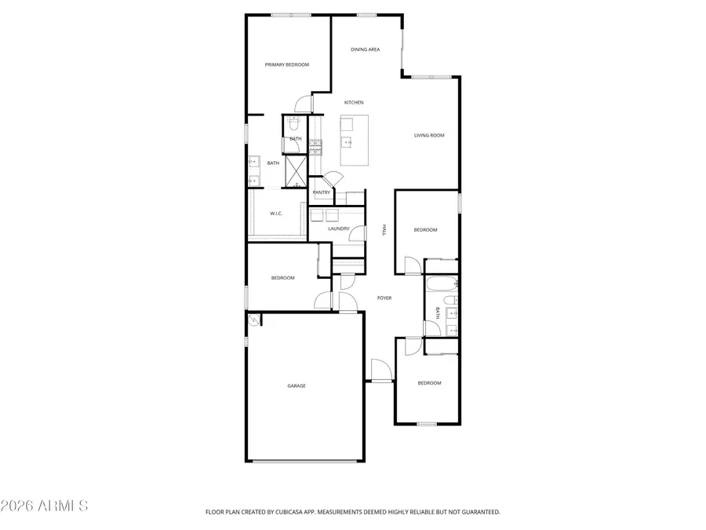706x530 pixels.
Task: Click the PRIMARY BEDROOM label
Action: pos(286,64)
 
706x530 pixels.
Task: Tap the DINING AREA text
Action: pos(365,49)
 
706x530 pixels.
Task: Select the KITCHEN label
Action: pos(354,103)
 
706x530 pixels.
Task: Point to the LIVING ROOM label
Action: pos(429,135)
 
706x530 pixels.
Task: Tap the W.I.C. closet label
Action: pos(276,214)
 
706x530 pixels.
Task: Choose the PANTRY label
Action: pos(321,192)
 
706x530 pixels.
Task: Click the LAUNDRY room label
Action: pos(338,228)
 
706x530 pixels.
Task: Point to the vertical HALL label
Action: pos(384,229)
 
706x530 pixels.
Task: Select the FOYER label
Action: pos(384,298)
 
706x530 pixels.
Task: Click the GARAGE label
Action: pos(296,386)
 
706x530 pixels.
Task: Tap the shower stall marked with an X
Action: pos(296,171)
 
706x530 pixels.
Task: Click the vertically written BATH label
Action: pos(437,313)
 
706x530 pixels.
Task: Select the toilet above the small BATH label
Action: pos(292,124)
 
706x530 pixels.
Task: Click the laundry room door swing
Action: pos(358,233)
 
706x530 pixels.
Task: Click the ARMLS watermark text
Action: pos(45,506)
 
